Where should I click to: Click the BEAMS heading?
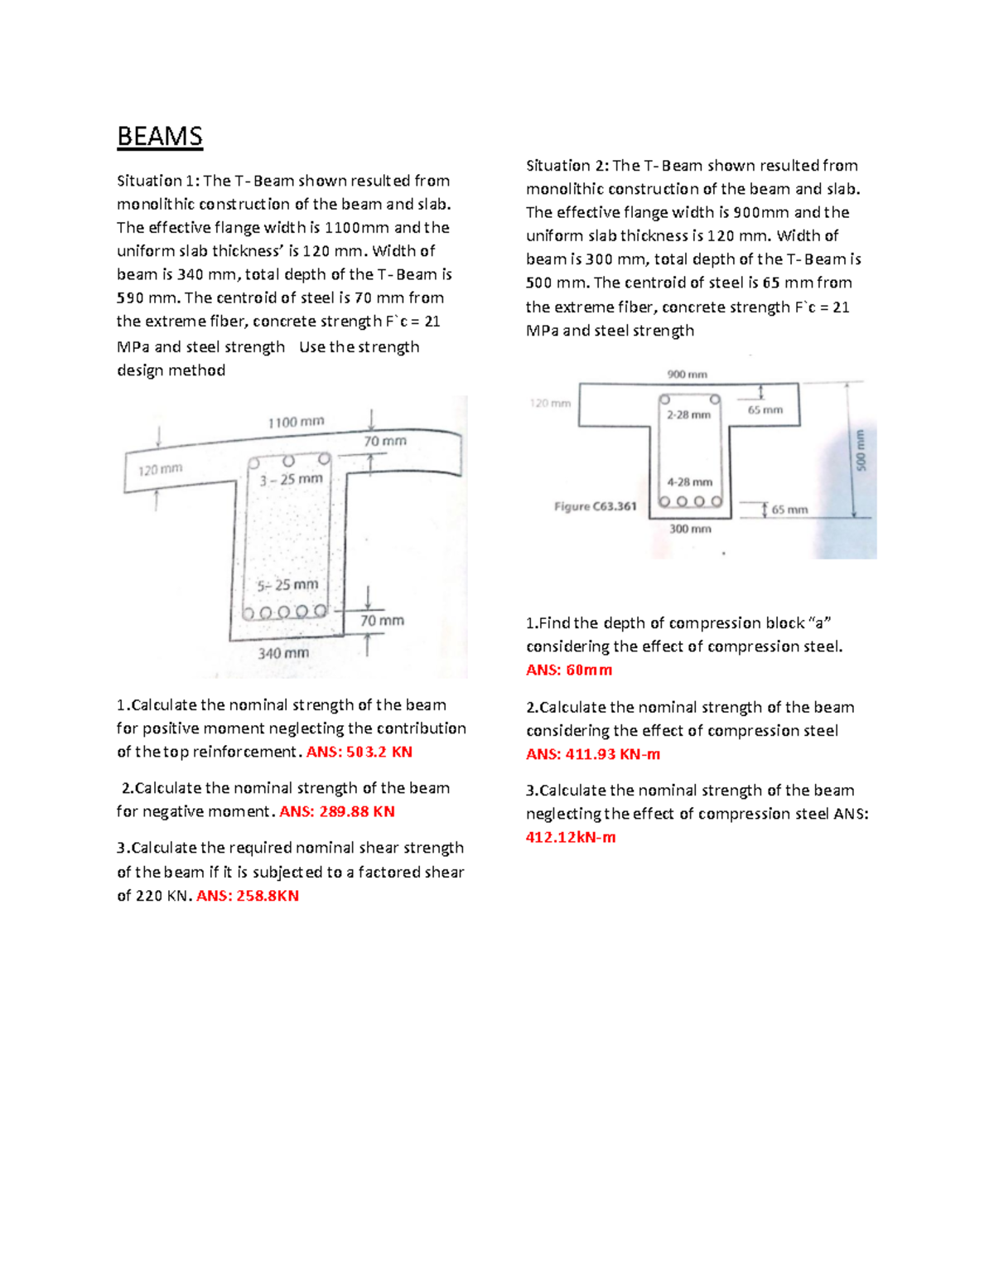point(160,136)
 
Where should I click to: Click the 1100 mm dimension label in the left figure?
point(296,422)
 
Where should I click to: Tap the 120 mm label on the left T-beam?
point(160,470)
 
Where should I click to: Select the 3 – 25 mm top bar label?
point(291,479)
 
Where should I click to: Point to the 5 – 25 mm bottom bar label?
point(287,585)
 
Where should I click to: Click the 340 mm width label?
point(283,653)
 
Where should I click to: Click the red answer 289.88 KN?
point(337,811)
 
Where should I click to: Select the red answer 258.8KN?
point(248,896)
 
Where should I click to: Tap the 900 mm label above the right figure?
point(687,375)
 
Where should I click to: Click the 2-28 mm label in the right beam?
point(688,414)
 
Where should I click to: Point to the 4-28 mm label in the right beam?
point(689,481)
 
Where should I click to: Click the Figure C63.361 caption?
point(595,506)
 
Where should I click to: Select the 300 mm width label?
point(690,529)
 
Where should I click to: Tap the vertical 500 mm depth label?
point(860,450)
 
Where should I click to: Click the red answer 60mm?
point(569,670)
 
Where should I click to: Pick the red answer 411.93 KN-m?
point(593,754)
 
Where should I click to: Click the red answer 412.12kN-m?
point(571,837)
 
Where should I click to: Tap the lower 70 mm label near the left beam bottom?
point(382,621)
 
